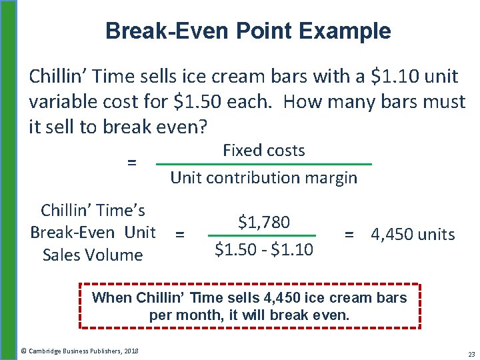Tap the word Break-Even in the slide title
tap(163, 31)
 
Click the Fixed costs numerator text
tap(264, 151)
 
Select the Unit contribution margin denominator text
tap(264, 178)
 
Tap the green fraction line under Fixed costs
tap(264, 164)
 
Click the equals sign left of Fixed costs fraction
tap(132, 162)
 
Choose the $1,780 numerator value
tap(264, 222)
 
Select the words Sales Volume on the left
tap(93, 255)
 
